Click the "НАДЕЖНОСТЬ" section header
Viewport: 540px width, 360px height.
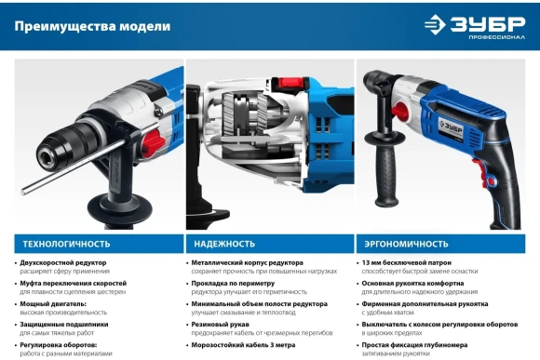224,244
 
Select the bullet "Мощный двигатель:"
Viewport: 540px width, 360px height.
52,303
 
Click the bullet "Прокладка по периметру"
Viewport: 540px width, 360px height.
234,283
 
